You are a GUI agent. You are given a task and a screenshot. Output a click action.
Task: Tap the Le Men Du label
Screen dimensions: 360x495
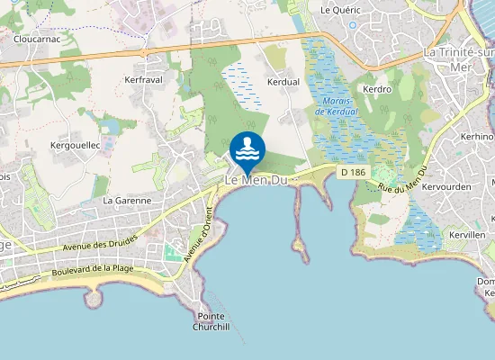[x=256, y=181]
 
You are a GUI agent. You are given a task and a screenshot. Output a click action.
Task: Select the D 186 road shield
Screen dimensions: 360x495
[x=352, y=171]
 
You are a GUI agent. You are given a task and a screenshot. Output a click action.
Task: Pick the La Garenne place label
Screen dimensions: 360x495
[x=125, y=200]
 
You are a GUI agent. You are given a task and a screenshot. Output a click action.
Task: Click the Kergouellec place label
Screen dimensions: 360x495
[x=74, y=145]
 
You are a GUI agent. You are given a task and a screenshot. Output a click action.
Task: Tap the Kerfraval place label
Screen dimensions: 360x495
[x=141, y=80]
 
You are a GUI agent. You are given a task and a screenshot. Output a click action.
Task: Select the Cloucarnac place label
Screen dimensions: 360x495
[x=37, y=40]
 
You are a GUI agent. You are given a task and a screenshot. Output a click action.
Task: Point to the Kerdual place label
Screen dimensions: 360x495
[x=283, y=81]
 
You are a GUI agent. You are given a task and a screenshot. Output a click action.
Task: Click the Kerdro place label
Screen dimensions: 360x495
[x=376, y=90]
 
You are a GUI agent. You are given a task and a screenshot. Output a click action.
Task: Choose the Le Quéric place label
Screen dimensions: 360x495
[x=340, y=9]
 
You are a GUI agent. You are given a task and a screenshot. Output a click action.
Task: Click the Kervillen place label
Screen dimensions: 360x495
[x=466, y=234]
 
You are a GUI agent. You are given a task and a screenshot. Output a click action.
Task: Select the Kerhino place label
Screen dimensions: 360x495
[x=477, y=136]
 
